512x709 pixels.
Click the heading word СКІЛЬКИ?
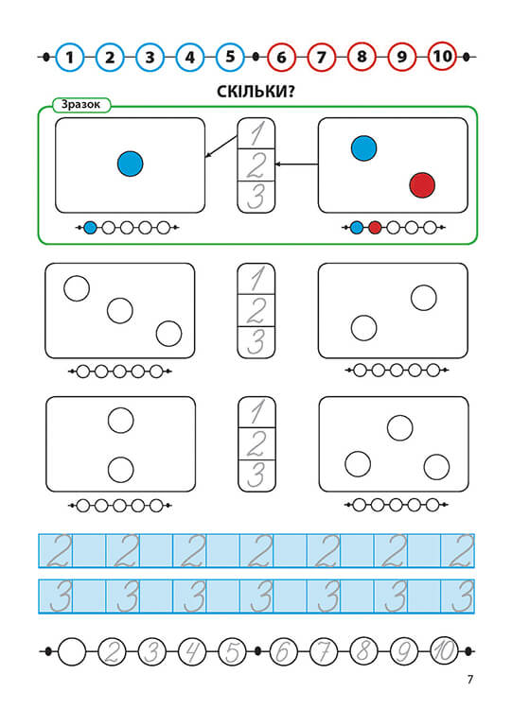click(256, 92)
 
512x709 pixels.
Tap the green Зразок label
click(80, 105)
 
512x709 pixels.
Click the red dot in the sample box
click(422, 185)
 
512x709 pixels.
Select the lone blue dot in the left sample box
click(130, 164)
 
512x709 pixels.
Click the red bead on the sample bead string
click(375, 228)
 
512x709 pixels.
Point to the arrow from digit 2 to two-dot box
click(296, 164)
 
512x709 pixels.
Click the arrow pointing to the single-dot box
click(221, 147)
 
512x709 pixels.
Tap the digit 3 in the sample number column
click(256, 197)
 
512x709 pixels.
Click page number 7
click(470, 679)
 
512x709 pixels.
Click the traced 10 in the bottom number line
click(444, 651)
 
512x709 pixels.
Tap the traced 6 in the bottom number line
click(283, 651)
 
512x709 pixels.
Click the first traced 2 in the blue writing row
click(60, 551)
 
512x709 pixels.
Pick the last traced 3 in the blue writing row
click(463, 597)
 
